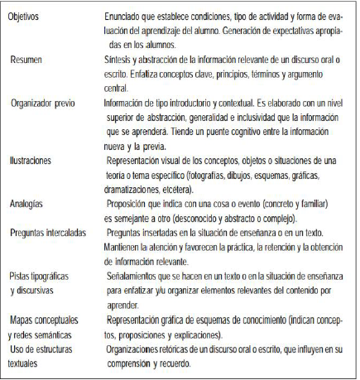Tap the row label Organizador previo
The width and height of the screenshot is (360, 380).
click(x=50, y=103)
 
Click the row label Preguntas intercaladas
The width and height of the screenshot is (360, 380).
click(x=54, y=233)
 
